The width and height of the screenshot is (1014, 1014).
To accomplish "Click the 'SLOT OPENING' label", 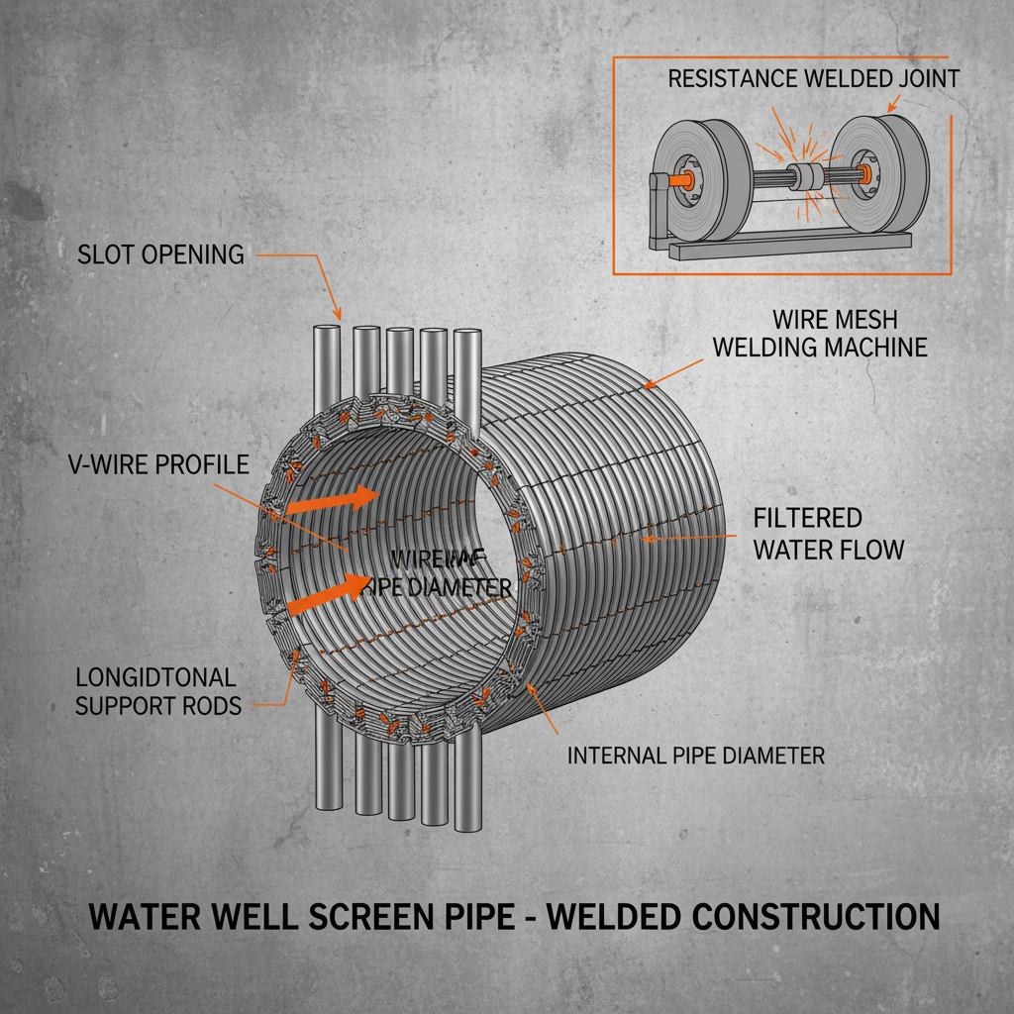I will [160, 254].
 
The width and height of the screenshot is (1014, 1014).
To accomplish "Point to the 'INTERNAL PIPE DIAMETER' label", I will [695, 756].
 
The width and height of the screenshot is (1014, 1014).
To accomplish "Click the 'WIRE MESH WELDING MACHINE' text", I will [820, 334].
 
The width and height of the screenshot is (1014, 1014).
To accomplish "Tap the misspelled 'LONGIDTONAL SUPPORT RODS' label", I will [156, 691].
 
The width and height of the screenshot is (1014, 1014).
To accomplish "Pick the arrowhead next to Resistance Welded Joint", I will [892, 104].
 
